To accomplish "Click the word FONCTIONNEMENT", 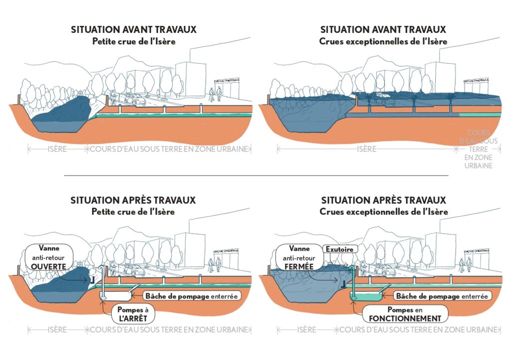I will click(x=402, y=318).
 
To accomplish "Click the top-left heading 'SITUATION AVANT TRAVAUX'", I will click(x=133, y=30).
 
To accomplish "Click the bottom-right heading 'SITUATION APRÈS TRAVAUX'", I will click(x=383, y=200).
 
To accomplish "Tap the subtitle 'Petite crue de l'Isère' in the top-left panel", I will click(x=133, y=41).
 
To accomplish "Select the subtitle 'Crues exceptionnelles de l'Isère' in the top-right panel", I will click(x=383, y=41).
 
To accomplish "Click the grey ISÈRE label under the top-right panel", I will click(x=367, y=149).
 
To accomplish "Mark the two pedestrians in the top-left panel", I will click(x=215, y=94).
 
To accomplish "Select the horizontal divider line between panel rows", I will click(x=255, y=176).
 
